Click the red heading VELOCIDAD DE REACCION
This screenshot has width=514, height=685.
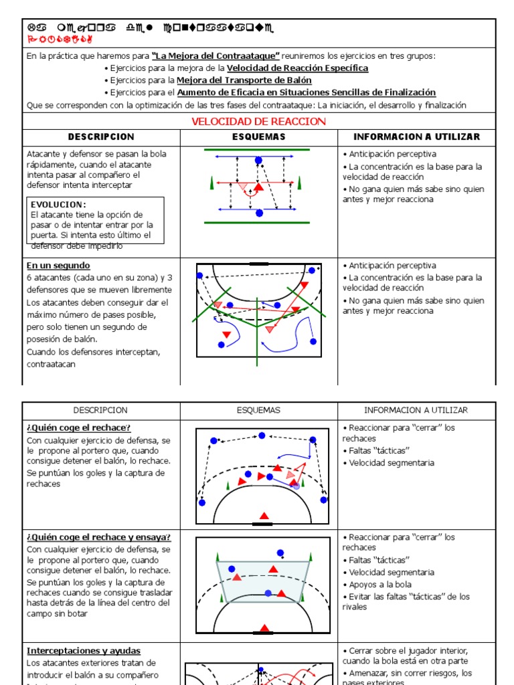[x=258, y=121]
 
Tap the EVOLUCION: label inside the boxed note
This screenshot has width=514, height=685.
[x=59, y=204]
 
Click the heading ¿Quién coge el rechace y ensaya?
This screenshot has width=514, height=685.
[x=98, y=537]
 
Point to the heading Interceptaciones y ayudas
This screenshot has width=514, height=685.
[x=84, y=650]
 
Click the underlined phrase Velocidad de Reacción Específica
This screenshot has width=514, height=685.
[x=297, y=68]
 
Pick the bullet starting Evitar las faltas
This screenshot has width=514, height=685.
[x=409, y=597]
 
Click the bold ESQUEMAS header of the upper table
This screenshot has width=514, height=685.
[x=258, y=137]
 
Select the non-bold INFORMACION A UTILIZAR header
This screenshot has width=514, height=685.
[x=416, y=410]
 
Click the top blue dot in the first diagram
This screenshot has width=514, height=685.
[x=259, y=160]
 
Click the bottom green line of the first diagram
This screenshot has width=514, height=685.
[x=258, y=222]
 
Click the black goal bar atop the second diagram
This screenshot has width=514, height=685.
[x=258, y=264]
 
